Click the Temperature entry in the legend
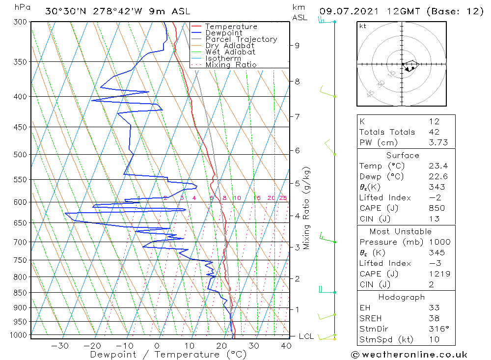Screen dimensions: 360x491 pos(231,27)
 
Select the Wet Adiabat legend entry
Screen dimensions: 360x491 pos(230,52)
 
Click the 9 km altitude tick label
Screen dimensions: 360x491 pos(297,45)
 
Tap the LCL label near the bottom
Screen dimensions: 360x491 pos(306,336)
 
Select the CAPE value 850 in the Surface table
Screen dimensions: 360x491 pos(436,208)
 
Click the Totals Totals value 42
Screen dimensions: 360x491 pos(434,132)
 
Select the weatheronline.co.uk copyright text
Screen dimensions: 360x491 pos(409,355)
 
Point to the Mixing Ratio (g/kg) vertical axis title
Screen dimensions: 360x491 pos(307,208)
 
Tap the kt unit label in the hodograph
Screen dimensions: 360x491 pos(363,26)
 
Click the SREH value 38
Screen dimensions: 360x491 pos(434,318)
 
